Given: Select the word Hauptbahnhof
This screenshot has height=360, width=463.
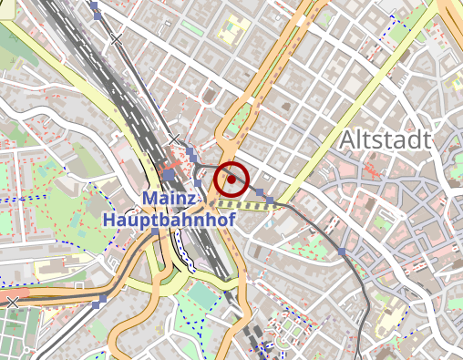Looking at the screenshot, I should coord(170,221).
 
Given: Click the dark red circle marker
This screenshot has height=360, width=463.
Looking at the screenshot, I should coord(231,180).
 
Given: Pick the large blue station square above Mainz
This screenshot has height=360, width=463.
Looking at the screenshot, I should coord(170,173).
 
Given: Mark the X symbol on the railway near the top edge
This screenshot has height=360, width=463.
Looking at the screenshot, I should coord(116,39).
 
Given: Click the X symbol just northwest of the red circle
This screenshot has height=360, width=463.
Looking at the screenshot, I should coord(174,139).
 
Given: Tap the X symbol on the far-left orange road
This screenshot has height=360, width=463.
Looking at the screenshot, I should coord(12,302).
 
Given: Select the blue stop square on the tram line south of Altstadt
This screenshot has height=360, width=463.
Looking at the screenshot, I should coord(343,250).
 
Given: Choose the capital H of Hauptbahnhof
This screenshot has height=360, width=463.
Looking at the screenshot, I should coord(110,221).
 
